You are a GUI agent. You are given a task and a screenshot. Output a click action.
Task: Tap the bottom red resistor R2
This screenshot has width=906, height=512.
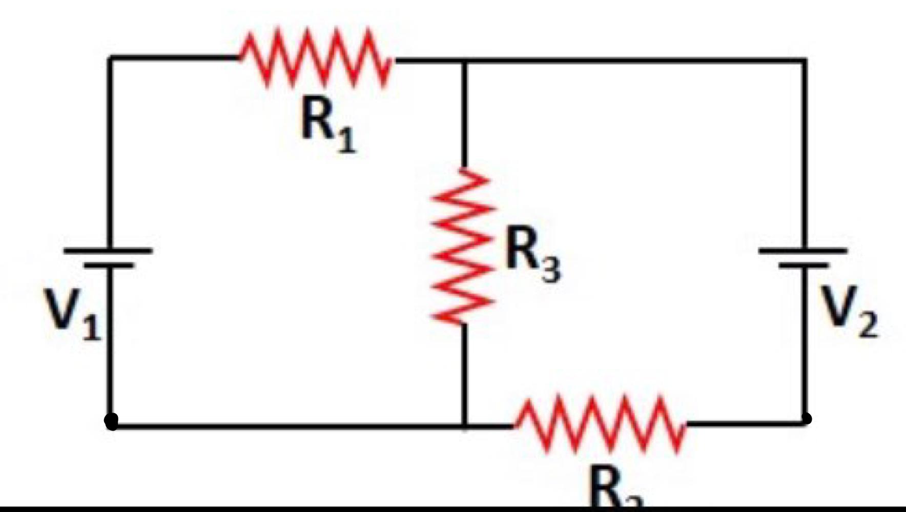pyautogui.click(x=600, y=424)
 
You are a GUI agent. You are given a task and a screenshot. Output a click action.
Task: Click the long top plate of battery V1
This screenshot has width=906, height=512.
pyautogui.click(x=108, y=251)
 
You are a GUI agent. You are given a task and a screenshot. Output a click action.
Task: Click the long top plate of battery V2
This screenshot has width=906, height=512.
pyautogui.click(x=803, y=251)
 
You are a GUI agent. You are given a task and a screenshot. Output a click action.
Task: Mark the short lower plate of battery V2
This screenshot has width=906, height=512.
pyautogui.click(x=803, y=265)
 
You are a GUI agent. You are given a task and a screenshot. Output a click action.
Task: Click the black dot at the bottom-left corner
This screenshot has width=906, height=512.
pyautogui.click(x=111, y=421)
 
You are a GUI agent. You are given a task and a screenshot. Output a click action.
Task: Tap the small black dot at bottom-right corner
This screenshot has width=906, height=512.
pyautogui.click(x=806, y=419)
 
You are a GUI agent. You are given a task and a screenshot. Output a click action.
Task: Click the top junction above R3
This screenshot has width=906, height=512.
pyautogui.click(x=464, y=62)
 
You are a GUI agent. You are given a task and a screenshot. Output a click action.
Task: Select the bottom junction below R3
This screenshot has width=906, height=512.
pyautogui.click(x=464, y=425)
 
